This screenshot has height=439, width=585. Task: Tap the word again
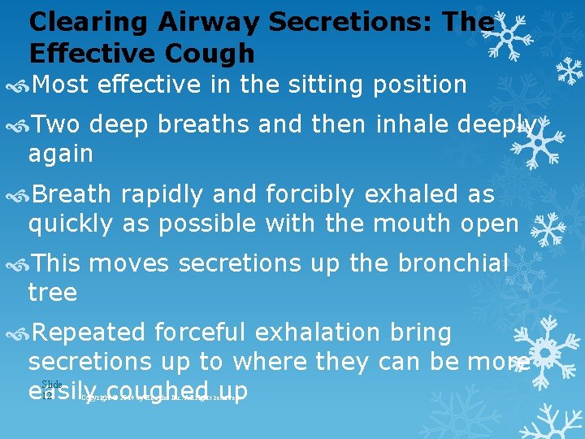(x=60, y=153)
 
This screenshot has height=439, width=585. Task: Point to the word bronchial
(x=453, y=263)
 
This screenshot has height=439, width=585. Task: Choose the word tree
(x=52, y=291)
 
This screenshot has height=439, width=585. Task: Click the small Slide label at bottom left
(x=51, y=383)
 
